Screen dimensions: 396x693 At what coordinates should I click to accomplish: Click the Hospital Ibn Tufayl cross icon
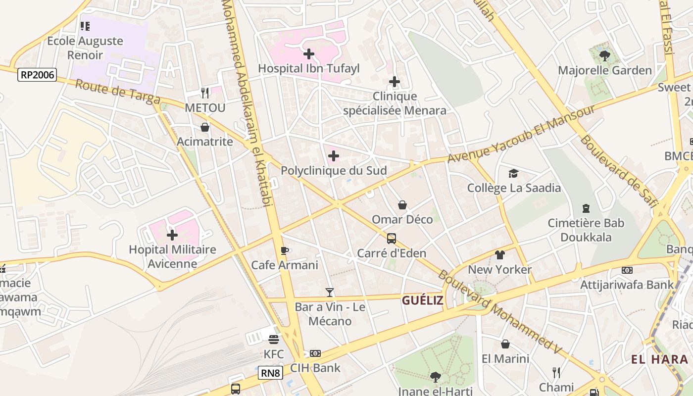click(309, 53)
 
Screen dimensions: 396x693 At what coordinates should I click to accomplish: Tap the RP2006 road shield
click(37, 75)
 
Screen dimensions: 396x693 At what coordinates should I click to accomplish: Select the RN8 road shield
click(270, 372)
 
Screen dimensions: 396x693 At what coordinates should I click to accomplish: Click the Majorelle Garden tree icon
click(604, 55)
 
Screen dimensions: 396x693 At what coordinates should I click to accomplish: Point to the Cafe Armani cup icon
click(284, 250)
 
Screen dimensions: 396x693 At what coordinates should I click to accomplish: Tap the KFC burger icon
click(274, 340)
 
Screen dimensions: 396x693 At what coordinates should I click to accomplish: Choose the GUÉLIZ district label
click(422, 300)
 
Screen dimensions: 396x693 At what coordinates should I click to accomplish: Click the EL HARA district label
click(659, 359)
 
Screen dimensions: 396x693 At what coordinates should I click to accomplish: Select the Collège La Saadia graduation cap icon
click(514, 173)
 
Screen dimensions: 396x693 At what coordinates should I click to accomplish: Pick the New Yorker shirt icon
click(499, 255)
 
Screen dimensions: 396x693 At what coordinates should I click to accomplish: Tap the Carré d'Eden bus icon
click(392, 239)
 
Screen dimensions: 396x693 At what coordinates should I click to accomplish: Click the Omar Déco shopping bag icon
click(402, 205)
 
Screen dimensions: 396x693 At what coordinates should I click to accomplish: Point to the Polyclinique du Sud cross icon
click(334, 156)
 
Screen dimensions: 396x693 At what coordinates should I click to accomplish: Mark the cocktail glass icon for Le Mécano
click(330, 293)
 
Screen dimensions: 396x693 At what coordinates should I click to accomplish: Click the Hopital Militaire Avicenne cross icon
click(172, 235)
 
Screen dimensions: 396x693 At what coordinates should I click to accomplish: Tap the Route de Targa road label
click(118, 92)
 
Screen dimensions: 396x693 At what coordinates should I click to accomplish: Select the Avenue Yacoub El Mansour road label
click(521, 134)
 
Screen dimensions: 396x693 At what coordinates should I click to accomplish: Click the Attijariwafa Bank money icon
click(627, 270)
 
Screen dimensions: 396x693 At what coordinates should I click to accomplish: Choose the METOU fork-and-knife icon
click(205, 93)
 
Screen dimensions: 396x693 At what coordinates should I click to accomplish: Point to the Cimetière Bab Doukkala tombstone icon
click(586, 208)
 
